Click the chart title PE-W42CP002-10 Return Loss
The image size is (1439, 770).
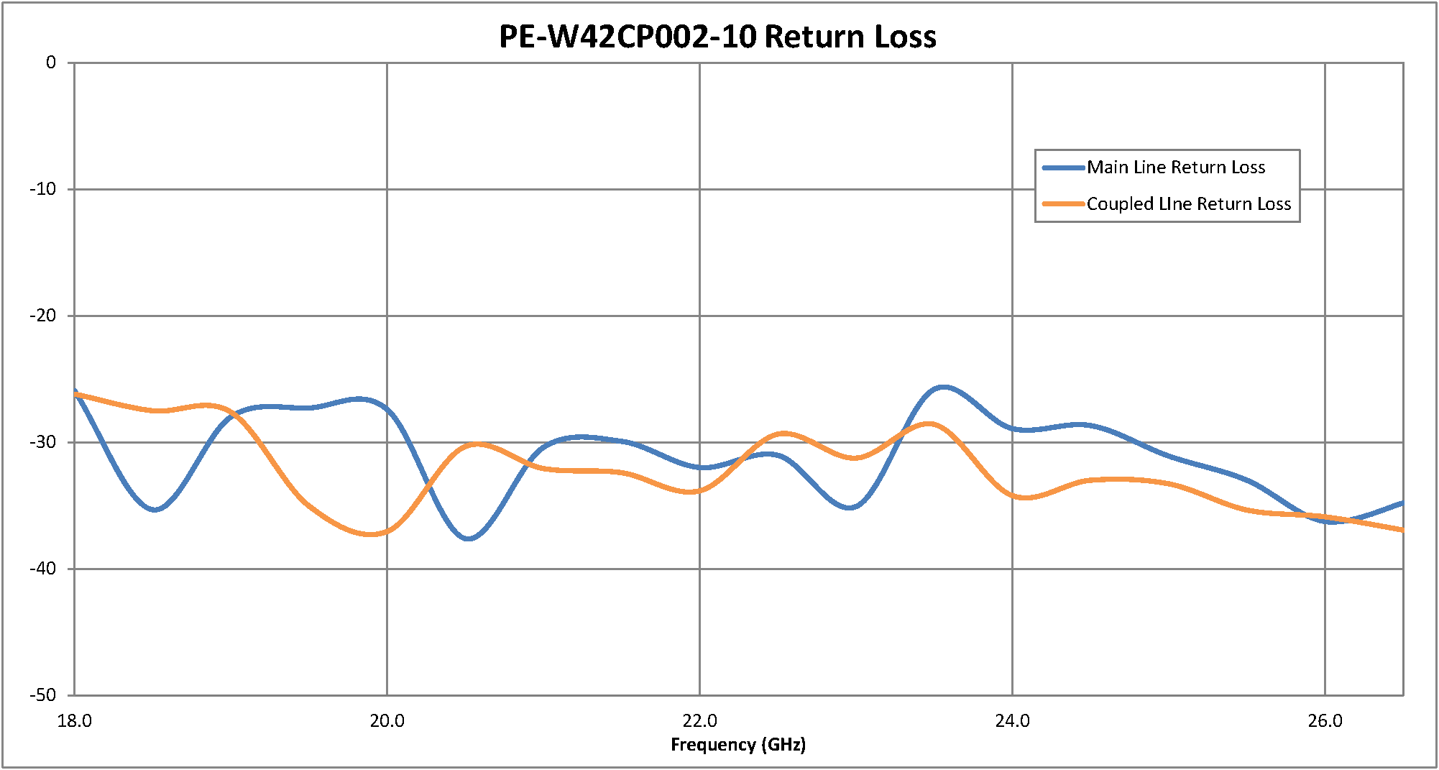(717, 37)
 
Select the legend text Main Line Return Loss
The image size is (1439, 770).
(1175, 168)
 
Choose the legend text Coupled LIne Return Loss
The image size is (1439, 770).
(1188, 204)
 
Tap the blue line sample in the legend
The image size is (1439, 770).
(1063, 168)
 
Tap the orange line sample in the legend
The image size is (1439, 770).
(1063, 204)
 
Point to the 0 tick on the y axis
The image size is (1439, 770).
(51, 63)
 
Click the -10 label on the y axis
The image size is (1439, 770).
(43, 189)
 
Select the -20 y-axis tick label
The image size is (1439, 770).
(43, 316)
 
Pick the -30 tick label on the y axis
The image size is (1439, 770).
(43, 442)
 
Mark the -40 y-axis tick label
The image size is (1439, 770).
(43, 569)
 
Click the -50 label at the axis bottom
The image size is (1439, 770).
(43, 695)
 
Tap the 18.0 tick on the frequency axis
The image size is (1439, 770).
(75, 721)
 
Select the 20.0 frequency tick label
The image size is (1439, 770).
(387, 721)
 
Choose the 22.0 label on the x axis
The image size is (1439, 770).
(700, 721)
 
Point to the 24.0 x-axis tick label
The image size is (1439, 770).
(1012, 721)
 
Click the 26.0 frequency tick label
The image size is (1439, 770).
(1325, 721)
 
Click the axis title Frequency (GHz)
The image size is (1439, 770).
(738, 745)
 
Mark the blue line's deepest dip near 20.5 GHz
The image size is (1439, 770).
(469, 538)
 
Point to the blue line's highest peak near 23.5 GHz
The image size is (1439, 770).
(943, 388)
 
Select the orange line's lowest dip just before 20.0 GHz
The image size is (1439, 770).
(370, 534)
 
